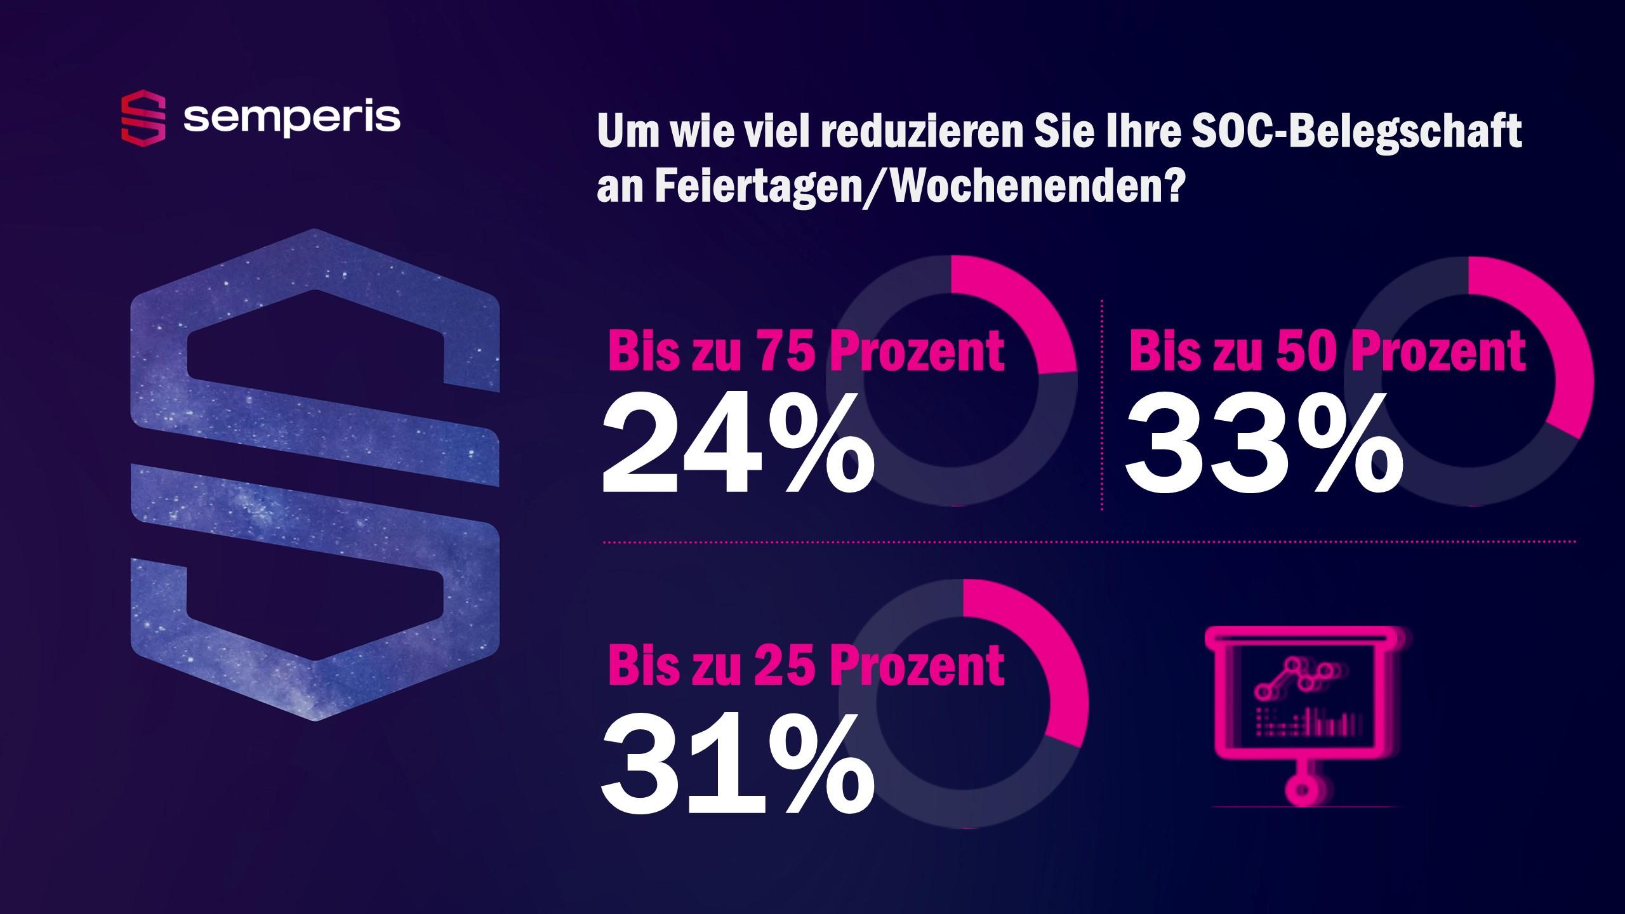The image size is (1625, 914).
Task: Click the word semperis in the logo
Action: pos(292,117)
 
